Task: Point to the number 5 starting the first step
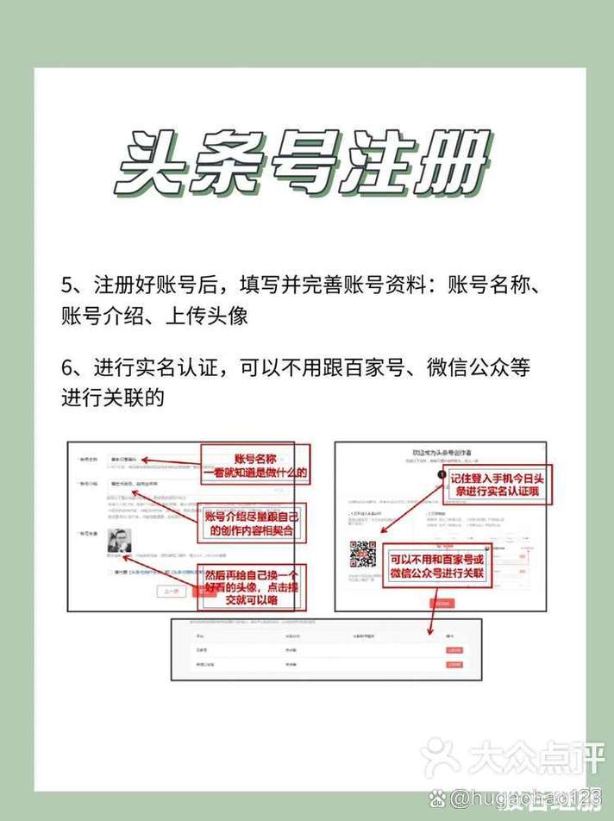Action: point(67,285)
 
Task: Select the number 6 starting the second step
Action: point(67,368)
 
